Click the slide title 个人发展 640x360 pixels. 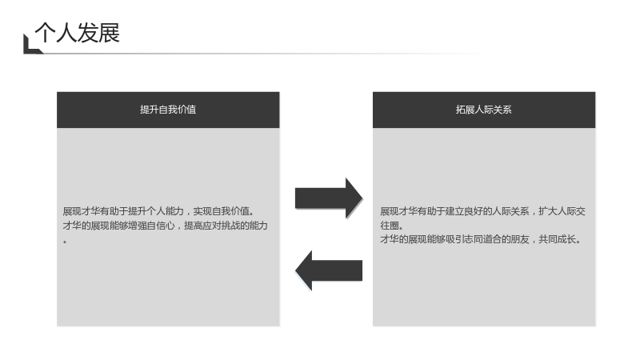77,33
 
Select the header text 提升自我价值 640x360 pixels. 168,110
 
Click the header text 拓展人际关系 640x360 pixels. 484,110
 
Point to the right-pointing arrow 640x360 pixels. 329,198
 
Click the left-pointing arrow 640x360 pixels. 329,270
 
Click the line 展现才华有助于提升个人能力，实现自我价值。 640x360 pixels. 158,211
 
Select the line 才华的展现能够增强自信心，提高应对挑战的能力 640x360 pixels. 166,226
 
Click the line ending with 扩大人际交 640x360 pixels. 483,211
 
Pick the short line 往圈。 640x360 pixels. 392,226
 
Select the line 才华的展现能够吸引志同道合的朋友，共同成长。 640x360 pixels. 481,239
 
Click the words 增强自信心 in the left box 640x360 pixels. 151,226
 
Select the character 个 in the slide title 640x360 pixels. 45,33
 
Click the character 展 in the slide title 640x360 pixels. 109,33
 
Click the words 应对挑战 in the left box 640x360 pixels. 222,226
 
